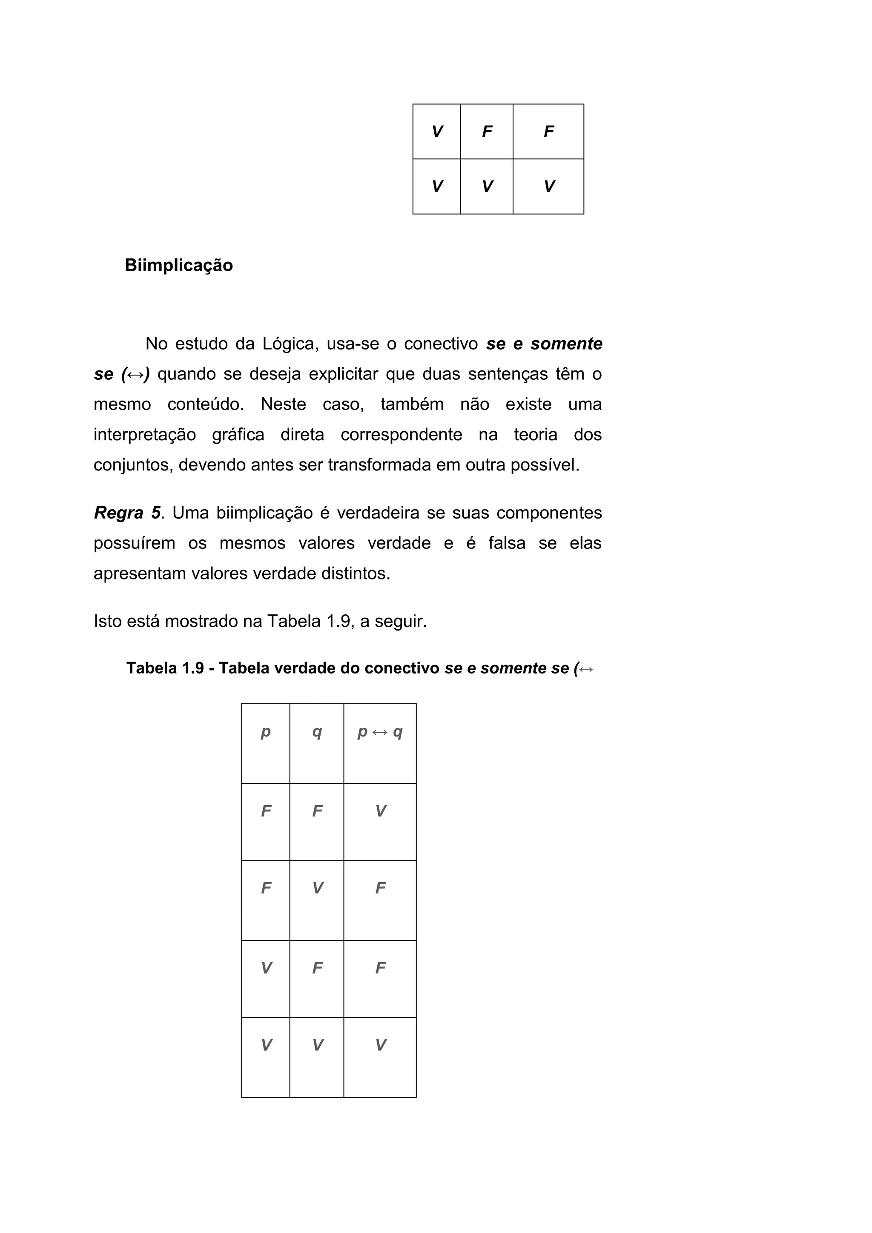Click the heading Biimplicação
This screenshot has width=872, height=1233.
pyautogui.click(x=179, y=265)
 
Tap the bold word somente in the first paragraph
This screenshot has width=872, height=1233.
pyautogui.click(x=566, y=344)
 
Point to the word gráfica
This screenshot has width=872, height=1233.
pyautogui.click(x=238, y=434)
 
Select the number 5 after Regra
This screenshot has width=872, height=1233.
pyautogui.click(x=156, y=513)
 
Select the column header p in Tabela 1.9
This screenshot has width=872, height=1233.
pyautogui.click(x=265, y=731)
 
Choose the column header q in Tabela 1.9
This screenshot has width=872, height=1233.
pyautogui.click(x=317, y=731)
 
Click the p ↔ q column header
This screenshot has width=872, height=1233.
pyautogui.click(x=380, y=731)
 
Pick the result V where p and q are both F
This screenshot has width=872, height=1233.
pyautogui.click(x=380, y=811)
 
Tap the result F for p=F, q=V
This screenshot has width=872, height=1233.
pyautogui.click(x=380, y=888)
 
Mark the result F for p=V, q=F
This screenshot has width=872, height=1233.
pyautogui.click(x=380, y=968)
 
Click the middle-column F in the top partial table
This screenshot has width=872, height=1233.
pyautogui.click(x=487, y=132)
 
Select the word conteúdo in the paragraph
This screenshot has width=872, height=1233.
pyautogui.click(x=205, y=404)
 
